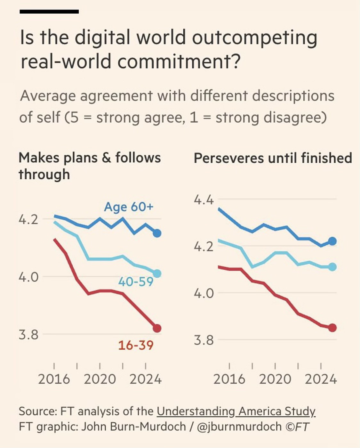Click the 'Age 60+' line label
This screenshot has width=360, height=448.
(x=129, y=207)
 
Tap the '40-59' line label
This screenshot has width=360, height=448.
(x=136, y=282)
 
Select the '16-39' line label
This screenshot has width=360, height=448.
(x=136, y=345)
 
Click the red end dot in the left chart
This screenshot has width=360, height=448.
(x=157, y=328)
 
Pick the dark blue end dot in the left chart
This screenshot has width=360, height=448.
(x=157, y=233)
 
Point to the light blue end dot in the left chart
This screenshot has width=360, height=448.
(x=157, y=273)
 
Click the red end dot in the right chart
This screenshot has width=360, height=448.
(x=332, y=328)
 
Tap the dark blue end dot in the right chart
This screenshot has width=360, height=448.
(x=332, y=241)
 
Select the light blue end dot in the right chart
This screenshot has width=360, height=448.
(x=332, y=267)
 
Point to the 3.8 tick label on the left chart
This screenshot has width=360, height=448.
(x=28, y=335)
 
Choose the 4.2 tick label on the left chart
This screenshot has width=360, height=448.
(x=28, y=220)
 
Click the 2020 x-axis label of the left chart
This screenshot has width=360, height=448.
(x=100, y=379)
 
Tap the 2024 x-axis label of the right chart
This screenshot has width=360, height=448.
(x=321, y=379)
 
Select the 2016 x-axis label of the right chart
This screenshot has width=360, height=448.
(x=229, y=379)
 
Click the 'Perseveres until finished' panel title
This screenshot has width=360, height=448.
(x=273, y=159)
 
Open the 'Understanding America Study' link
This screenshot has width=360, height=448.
(x=236, y=411)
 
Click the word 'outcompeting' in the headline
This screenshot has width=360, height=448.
(x=254, y=38)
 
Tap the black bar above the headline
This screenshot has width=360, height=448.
(x=49, y=12)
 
